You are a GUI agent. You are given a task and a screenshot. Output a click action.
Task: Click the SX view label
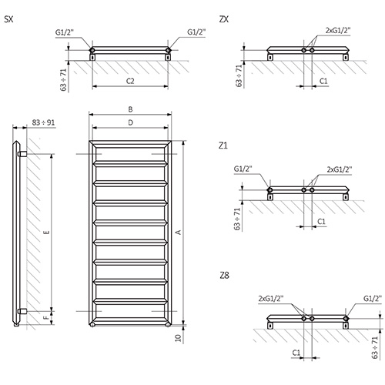pyautogui.click(x=8, y=19)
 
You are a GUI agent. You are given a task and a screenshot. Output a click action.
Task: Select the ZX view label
pyautogui.click(x=224, y=19)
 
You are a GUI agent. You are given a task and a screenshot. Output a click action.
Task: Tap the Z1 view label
pyautogui.click(x=223, y=146)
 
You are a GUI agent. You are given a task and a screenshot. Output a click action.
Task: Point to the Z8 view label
pyautogui.click(x=224, y=276)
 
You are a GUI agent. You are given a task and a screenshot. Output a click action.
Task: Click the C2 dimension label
pyautogui.click(x=130, y=81)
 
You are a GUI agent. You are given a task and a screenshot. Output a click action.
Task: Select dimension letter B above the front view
pyautogui.click(x=130, y=109)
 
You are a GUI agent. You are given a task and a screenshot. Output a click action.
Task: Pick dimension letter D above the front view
pyautogui.click(x=130, y=122)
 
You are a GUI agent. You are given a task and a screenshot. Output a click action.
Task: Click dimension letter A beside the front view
pyautogui.click(x=178, y=233)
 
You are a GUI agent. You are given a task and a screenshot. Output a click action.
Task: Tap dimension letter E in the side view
pyautogui.click(x=47, y=233)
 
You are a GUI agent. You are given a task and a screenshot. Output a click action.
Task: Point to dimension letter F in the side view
pyautogui.click(x=46, y=318)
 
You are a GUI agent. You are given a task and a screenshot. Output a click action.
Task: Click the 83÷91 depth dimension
pyautogui.click(x=43, y=122)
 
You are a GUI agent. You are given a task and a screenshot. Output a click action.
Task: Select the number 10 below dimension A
pyautogui.click(x=178, y=337)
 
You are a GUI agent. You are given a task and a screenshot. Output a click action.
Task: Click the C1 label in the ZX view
pyautogui.click(x=323, y=81)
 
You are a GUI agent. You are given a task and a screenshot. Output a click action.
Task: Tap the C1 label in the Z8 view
pyautogui.click(x=296, y=353)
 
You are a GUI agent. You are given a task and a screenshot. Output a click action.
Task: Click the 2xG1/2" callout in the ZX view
pyautogui.click(x=338, y=30)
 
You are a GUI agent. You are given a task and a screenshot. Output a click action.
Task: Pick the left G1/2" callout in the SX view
pyautogui.click(x=65, y=32)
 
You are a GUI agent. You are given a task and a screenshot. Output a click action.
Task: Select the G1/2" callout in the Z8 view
pyautogui.click(x=373, y=299)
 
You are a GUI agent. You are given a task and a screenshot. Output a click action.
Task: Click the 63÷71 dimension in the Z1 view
pyautogui.click(x=237, y=219)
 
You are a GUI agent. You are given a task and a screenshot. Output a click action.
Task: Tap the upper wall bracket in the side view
pyautogui.click(x=22, y=154)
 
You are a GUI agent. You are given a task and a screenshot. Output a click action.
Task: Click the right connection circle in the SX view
pyautogui.click(x=168, y=50)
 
